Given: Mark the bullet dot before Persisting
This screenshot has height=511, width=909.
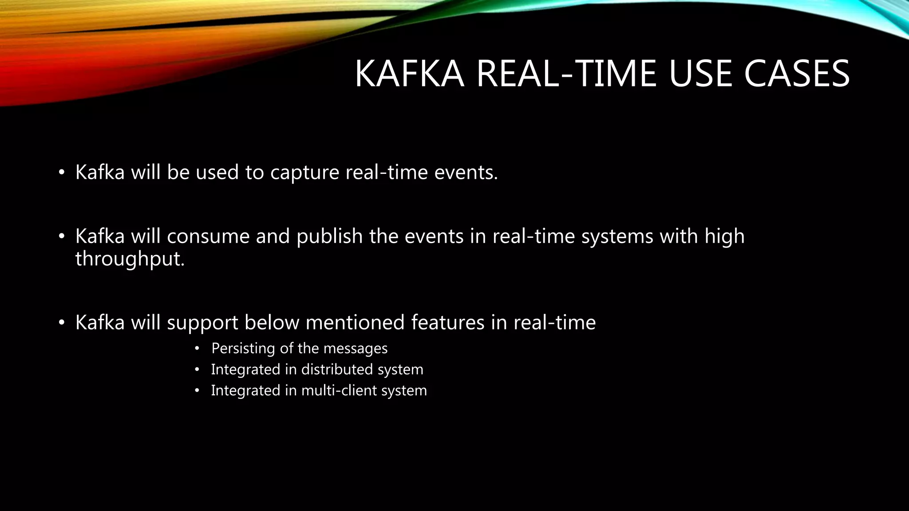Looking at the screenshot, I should point(198,349).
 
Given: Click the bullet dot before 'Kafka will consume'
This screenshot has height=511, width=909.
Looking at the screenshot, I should point(62,236).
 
